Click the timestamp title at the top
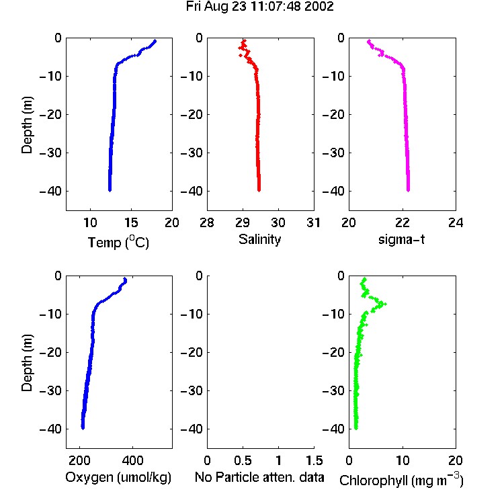[259, 7]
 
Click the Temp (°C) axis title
[118, 242]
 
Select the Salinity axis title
[259, 239]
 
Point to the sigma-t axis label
[401, 239]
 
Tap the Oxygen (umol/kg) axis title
[118, 478]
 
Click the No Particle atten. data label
[259, 477]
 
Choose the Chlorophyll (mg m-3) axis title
[401, 480]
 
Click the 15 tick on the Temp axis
[131, 222]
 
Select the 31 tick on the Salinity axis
[313, 222]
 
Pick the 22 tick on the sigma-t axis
[402, 222]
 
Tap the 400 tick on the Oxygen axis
[132, 460]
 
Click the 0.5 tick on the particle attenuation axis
[243, 460]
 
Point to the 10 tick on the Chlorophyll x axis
[403, 460]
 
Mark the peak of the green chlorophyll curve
[385, 304]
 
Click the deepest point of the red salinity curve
[259, 190]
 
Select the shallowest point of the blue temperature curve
[155, 41]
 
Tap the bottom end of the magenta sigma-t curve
[408, 190]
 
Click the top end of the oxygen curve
[125, 279]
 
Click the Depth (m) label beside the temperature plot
[27, 125]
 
